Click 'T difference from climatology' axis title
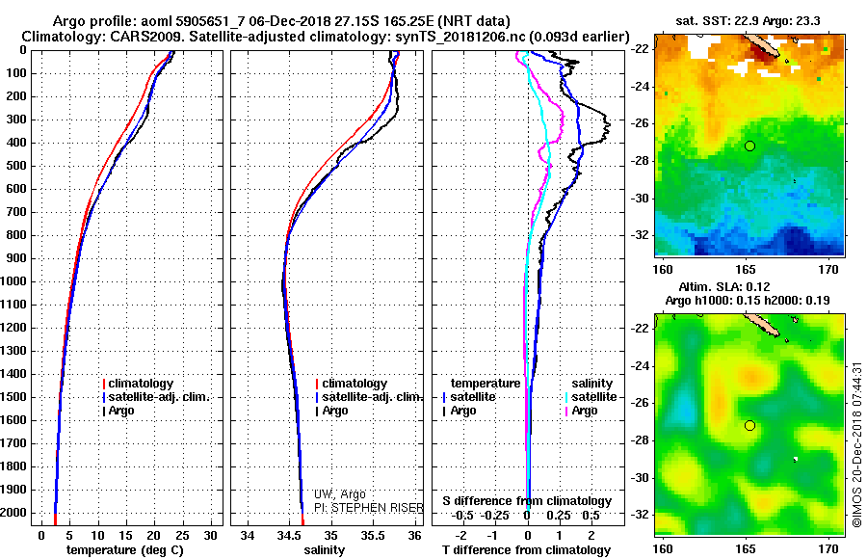[527, 550]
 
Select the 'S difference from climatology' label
[527, 501]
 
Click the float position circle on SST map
[749, 146]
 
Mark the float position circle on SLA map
[749, 426]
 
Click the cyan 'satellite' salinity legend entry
[594, 397]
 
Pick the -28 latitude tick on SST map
[638, 161]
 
